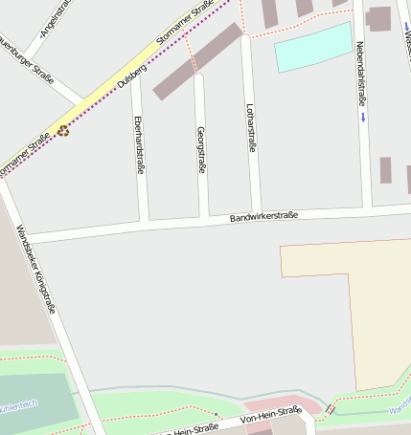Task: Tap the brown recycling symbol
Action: point(63,131)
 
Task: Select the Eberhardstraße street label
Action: point(140,144)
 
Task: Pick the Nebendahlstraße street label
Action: point(361,73)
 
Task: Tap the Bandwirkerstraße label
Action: point(263,217)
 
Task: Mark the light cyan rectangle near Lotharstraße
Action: point(313,48)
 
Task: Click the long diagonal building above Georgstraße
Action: point(197,61)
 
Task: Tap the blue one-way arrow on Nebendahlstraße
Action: point(363,118)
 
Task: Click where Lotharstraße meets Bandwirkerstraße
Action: point(257,215)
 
